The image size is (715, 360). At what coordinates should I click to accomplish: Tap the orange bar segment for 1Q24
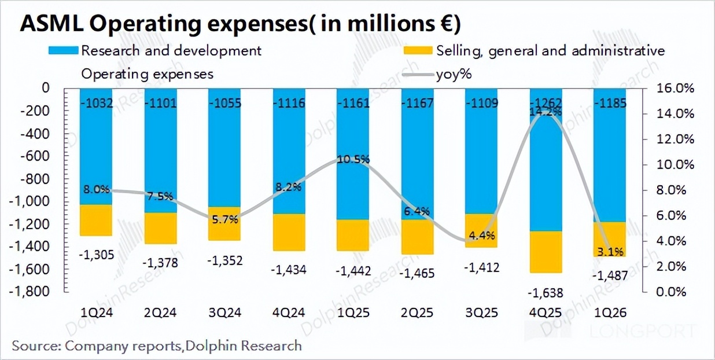95,220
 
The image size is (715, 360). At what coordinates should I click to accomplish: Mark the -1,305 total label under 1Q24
95,254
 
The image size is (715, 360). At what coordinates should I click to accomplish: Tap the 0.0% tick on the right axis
673,292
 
